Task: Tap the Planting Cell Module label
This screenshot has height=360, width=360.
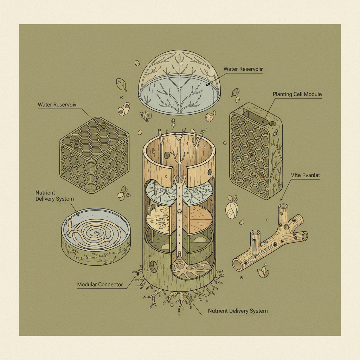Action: click(x=297, y=95)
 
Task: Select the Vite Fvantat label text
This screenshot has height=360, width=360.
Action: click(x=306, y=175)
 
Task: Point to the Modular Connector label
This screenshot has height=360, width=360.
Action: click(x=100, y=284)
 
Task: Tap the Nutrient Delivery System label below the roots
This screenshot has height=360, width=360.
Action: click(x=238, y=311)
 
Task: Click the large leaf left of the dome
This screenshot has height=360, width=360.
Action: click(x=122, y=84)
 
